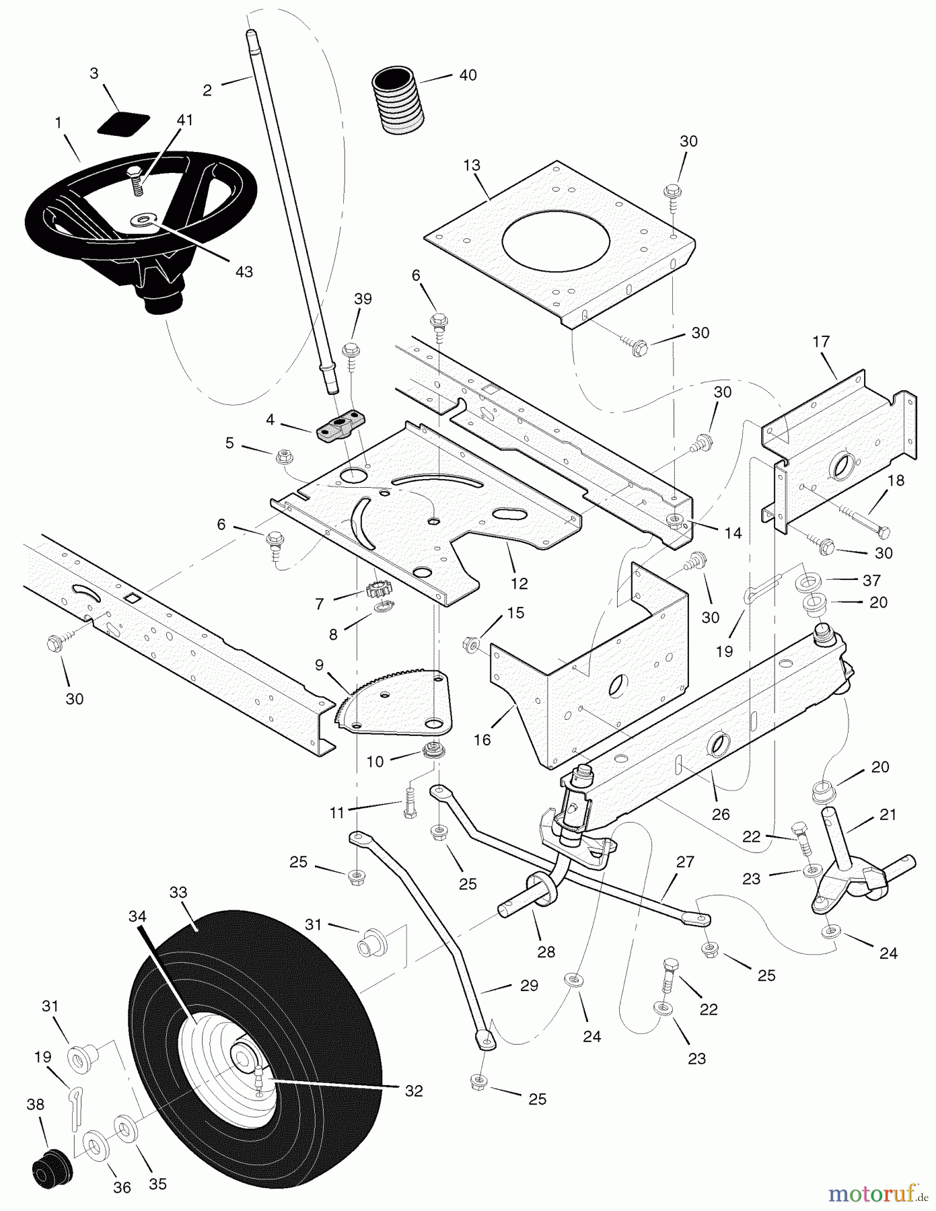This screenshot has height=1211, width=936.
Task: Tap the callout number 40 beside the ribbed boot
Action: point(467,75)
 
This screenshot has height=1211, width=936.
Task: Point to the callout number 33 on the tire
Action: point(178,893)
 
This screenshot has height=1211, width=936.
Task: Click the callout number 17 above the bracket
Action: point(821,342)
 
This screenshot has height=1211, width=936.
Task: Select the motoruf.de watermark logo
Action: point(872,1193)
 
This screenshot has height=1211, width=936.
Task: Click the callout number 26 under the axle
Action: point(721,815)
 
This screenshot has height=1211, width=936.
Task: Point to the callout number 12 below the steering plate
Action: point(519,583)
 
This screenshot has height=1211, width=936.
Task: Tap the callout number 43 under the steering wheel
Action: point(244,271)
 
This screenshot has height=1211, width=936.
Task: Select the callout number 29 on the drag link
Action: point(529,986)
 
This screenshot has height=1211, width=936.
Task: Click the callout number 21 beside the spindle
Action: point(888,815)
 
